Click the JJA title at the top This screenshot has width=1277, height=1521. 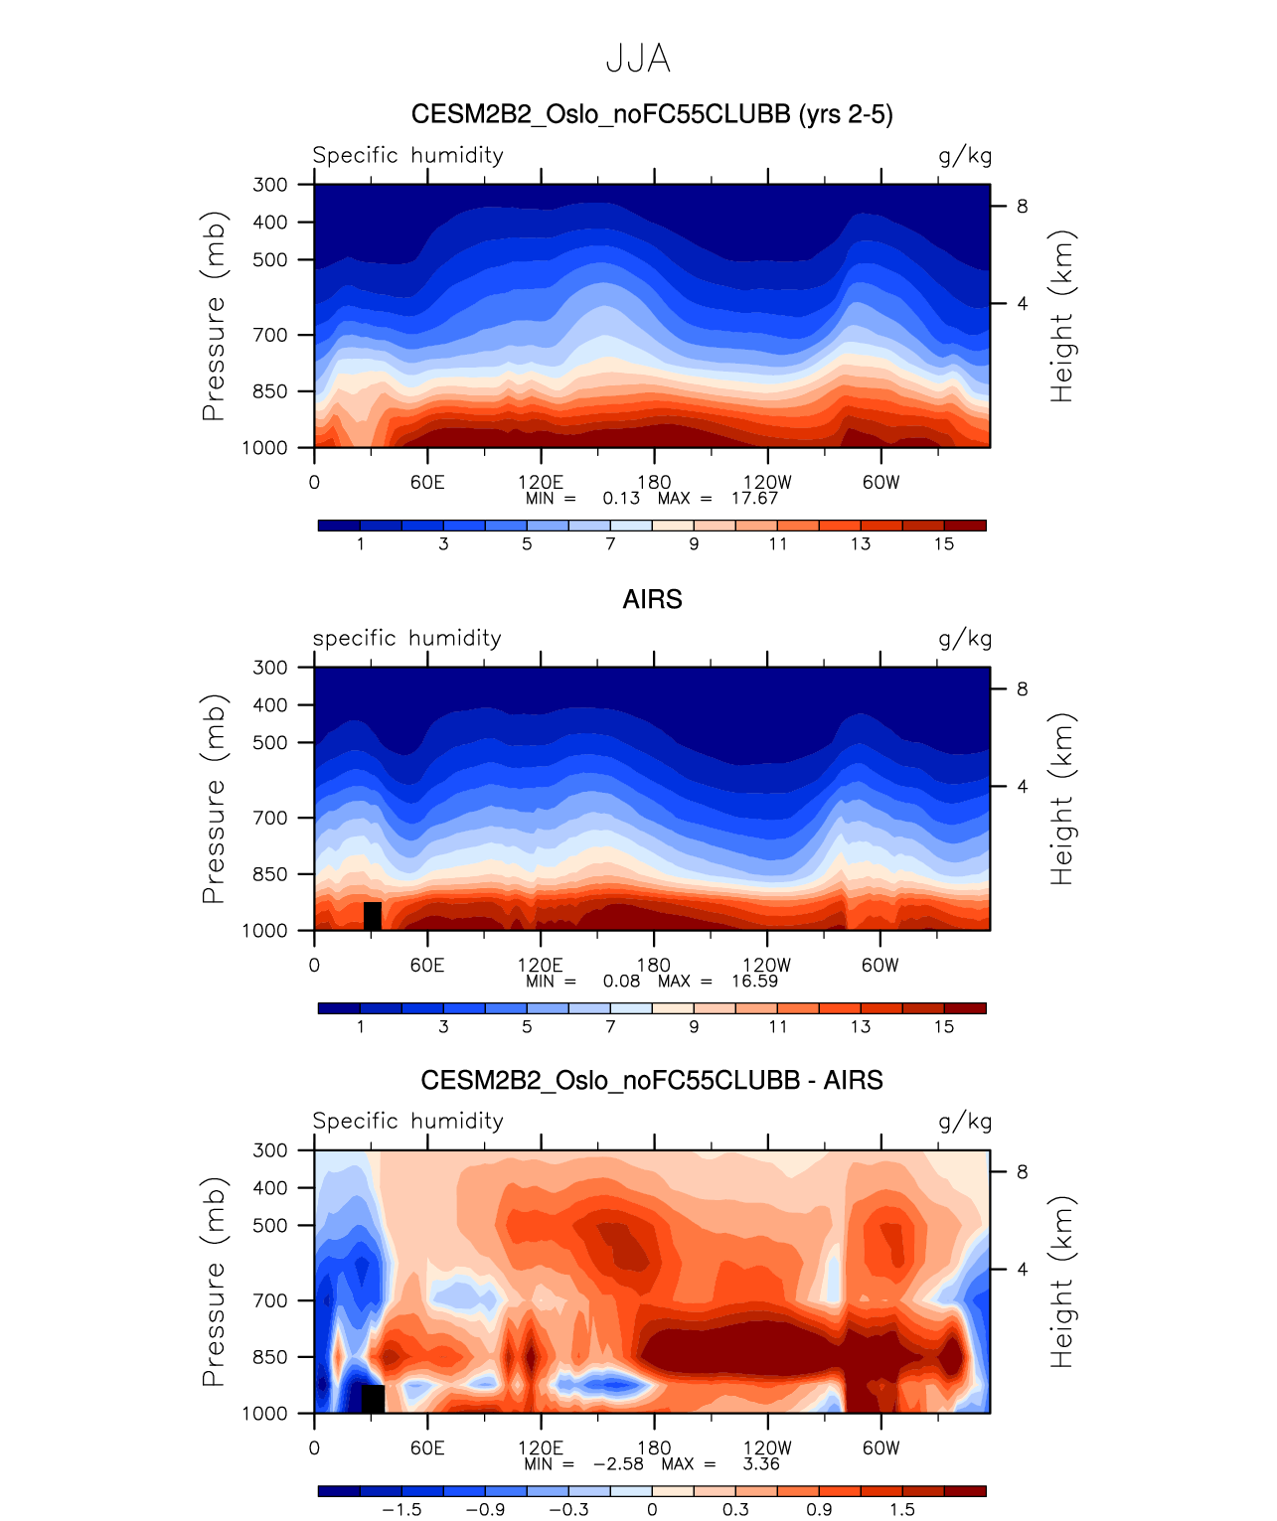[x=638, y=60]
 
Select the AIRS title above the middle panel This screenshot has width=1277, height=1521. [x=652, y=599]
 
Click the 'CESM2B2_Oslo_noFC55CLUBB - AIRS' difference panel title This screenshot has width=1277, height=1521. [x=652, y=1080]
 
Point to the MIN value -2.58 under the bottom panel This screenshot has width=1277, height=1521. [x=618, y=1463]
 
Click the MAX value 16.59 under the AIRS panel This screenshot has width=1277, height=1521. [x=754, y=981]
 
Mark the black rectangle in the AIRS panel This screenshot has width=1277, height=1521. [x=373, y=916]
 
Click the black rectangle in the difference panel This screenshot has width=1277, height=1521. [x=373, y=1398]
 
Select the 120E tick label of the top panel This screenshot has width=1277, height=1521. [x=541, y=483]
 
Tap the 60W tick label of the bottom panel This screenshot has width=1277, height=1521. [x=880, y=1447]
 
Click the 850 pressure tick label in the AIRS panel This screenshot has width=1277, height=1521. [x=269, y=874]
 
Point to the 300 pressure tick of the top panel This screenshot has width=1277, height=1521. [x=269, y=185]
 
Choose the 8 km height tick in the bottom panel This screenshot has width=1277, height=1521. [x=1022, y=1172]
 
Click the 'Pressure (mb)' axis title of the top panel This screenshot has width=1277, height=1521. [x=214, y=316]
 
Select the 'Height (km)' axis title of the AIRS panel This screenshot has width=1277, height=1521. [x=1062, y=799]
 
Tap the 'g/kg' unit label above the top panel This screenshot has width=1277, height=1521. [x=965, y=156]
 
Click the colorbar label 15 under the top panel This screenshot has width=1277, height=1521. [x=944, y=543]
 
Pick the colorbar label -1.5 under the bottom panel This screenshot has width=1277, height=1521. [x=401, y=1509]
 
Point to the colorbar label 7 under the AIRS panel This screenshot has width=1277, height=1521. [x=610, y=1026]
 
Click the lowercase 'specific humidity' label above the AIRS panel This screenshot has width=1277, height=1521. [x=407, y=639]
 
